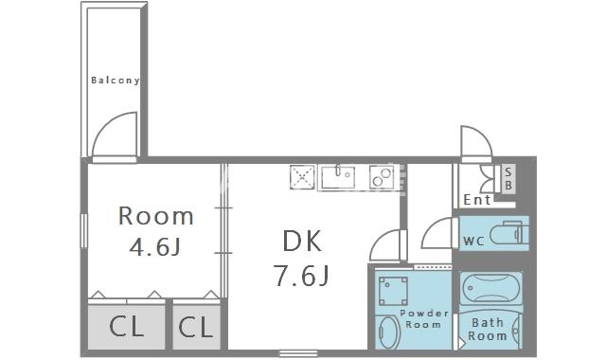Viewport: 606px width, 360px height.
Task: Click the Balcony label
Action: (115, 81)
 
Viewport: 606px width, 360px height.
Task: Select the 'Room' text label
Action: (155, 216)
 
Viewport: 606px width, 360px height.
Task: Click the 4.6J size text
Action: (155, 247)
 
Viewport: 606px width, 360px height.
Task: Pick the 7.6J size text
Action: (301, 277)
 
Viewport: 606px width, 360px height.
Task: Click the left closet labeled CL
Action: (126, 328)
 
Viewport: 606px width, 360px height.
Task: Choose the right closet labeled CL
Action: (195, 328)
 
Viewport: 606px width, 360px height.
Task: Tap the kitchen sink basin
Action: (337, 176)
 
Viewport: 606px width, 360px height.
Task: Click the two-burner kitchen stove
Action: (381, 176)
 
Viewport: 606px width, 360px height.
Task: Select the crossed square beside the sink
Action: (303, 176)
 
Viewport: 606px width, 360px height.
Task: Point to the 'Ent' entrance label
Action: (477, 200)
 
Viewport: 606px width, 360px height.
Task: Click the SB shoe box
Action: (508, 178)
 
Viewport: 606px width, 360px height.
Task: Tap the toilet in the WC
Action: (510, 233)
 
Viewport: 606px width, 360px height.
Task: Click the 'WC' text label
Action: (473, 240)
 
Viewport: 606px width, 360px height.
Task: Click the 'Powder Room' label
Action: (422, 318)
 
